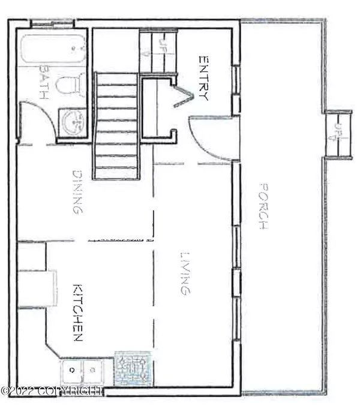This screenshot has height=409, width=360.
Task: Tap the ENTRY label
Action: [203, 78]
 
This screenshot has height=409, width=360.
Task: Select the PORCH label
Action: [262, 206]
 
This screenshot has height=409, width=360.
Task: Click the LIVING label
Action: [185, 273]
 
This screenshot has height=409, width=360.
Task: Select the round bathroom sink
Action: [74, 123]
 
